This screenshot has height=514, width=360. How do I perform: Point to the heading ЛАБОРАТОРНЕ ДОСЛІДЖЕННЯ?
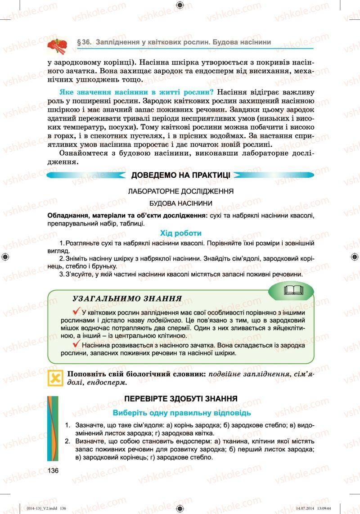pos(180,191)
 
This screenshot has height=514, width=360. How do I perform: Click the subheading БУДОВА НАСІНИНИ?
pos(180,203)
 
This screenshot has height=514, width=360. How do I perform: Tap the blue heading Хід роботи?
pos(180,233)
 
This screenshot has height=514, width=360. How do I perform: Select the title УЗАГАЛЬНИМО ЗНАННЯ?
pos(127,298)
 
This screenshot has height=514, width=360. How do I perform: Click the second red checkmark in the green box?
pos(76,345)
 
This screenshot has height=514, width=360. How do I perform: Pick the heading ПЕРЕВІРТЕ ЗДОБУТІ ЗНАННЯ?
pos(180,399)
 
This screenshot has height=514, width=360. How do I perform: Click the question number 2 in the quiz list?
pos(67,441)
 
